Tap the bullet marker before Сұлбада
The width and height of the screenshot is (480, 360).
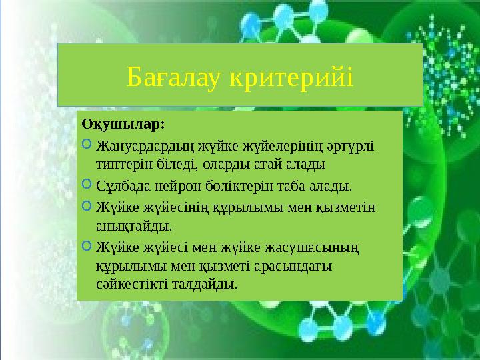pyautogui.click(x=87, y=182)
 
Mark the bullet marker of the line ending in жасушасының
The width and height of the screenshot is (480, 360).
pyautogui.click(x=87, y=247)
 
